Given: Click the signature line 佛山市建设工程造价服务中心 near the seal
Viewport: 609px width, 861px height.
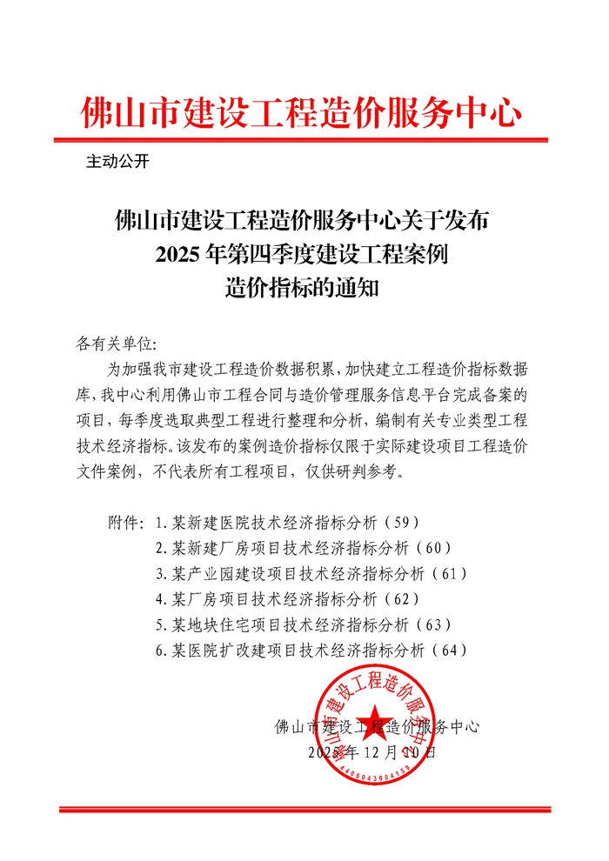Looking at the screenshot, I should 376,725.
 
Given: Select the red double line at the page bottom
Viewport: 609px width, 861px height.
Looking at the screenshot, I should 304,810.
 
